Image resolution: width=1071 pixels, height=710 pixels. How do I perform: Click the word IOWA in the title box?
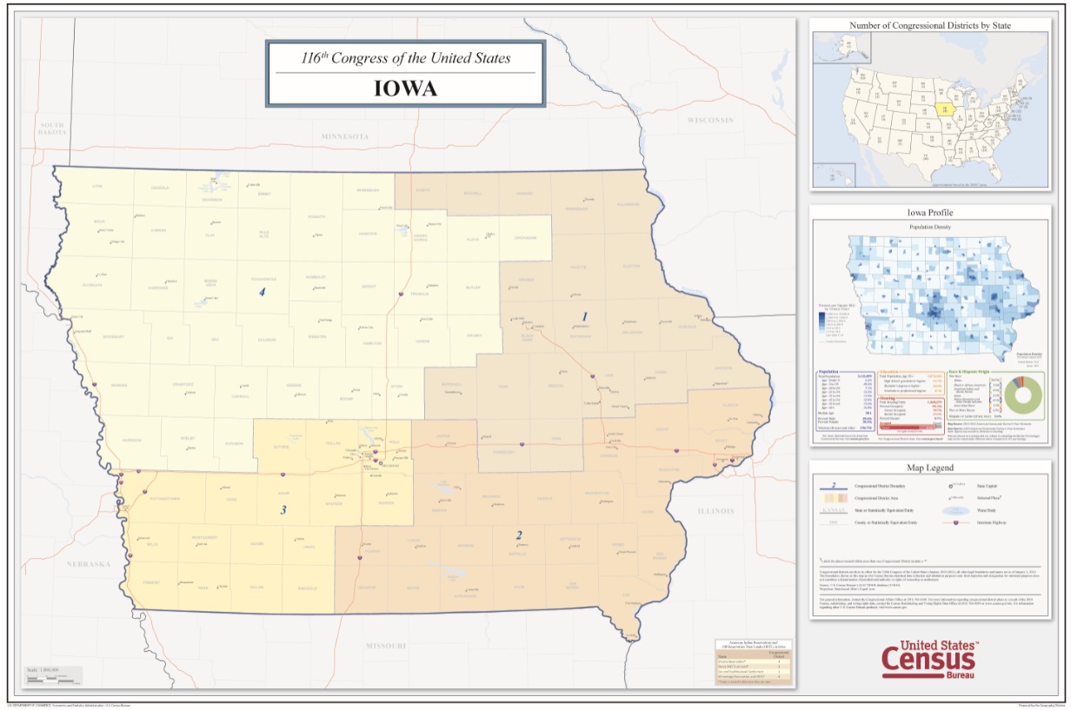click(x=405, y=89)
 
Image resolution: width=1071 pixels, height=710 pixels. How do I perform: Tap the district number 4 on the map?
click(x=261, y=293)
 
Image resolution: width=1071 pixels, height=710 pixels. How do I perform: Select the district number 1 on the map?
click(x=585, y=316)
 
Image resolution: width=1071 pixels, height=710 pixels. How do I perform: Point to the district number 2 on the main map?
click(x=519, y=535)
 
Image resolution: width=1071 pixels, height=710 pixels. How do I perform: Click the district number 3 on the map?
click(x=283, y=509)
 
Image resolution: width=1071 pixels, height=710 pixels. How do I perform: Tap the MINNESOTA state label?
click(x=344, y=137)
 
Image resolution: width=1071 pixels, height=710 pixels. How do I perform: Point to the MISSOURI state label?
click(x=385, y=646)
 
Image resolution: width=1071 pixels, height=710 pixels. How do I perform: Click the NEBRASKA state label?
click(x=90, y=564)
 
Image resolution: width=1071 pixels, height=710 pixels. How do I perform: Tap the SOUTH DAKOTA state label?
click(x=52, y=129)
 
